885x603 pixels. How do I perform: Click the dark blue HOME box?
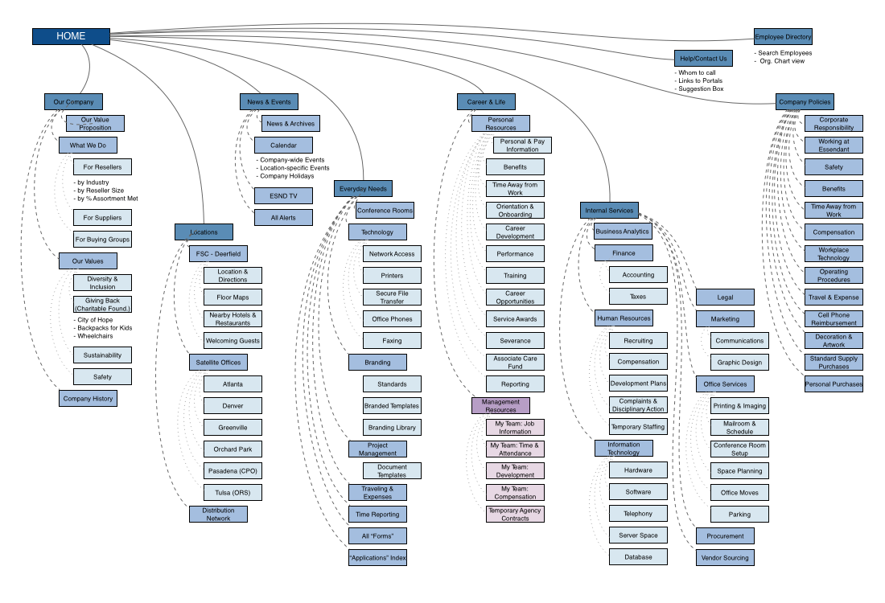71,36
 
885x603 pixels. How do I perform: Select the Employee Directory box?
783,36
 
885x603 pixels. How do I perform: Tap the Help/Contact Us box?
703,58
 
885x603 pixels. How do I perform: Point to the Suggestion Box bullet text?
701,88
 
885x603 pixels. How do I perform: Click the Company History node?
88,398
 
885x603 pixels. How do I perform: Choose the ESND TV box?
283,195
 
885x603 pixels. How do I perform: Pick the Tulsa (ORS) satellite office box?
233,492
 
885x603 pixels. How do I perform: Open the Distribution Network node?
218,514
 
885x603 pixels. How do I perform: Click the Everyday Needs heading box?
363,188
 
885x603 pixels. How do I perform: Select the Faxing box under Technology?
392,340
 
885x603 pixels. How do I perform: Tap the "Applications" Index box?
377,557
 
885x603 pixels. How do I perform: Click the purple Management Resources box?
500,405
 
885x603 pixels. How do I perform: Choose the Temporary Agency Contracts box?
515,514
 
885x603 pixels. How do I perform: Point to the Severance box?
515,340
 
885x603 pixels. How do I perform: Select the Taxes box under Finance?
638,297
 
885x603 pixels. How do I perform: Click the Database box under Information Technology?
638,556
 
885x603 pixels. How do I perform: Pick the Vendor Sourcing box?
725,557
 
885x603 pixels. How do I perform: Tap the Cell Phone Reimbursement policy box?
834,318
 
